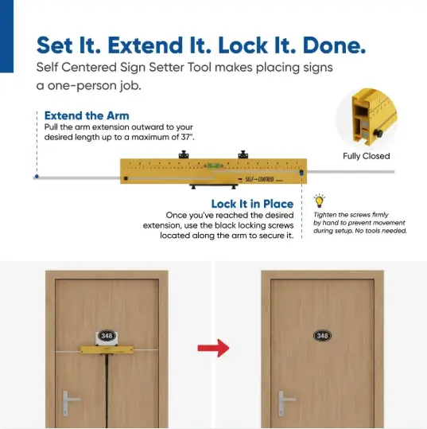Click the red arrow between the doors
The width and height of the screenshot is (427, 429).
(x=213, y=348)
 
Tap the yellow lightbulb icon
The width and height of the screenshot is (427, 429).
(x=319, y=201)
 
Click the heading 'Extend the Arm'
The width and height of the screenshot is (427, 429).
(x=87, y=115)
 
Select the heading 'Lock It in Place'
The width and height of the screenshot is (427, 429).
(x=252, y=204)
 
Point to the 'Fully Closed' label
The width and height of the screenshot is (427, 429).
(x=367, y=156)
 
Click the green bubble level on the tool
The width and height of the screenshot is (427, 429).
(x=213, y=166)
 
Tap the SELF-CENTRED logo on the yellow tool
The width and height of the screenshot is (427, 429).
(x=259, y=179)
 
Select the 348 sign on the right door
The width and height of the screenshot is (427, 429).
(x=322, y=336)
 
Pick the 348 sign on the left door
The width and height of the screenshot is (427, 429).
(x=107, y=336)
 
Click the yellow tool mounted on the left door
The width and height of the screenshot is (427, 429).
(x=107, y=349)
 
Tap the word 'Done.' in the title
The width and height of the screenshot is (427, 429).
(x=334, y=45)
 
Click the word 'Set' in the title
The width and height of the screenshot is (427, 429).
(x=55, y=45)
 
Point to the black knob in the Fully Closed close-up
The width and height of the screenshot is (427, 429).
(x=378, y=133)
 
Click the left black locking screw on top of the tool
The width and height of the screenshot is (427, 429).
(x=184, y=154)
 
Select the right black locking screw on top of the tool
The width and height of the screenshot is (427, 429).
(x=243, y=154)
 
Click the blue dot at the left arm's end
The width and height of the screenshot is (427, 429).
(x=37, y=177)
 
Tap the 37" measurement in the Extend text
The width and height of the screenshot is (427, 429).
(x=187, y=137)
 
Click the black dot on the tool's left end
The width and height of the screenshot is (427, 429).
(x=126, y=178)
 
